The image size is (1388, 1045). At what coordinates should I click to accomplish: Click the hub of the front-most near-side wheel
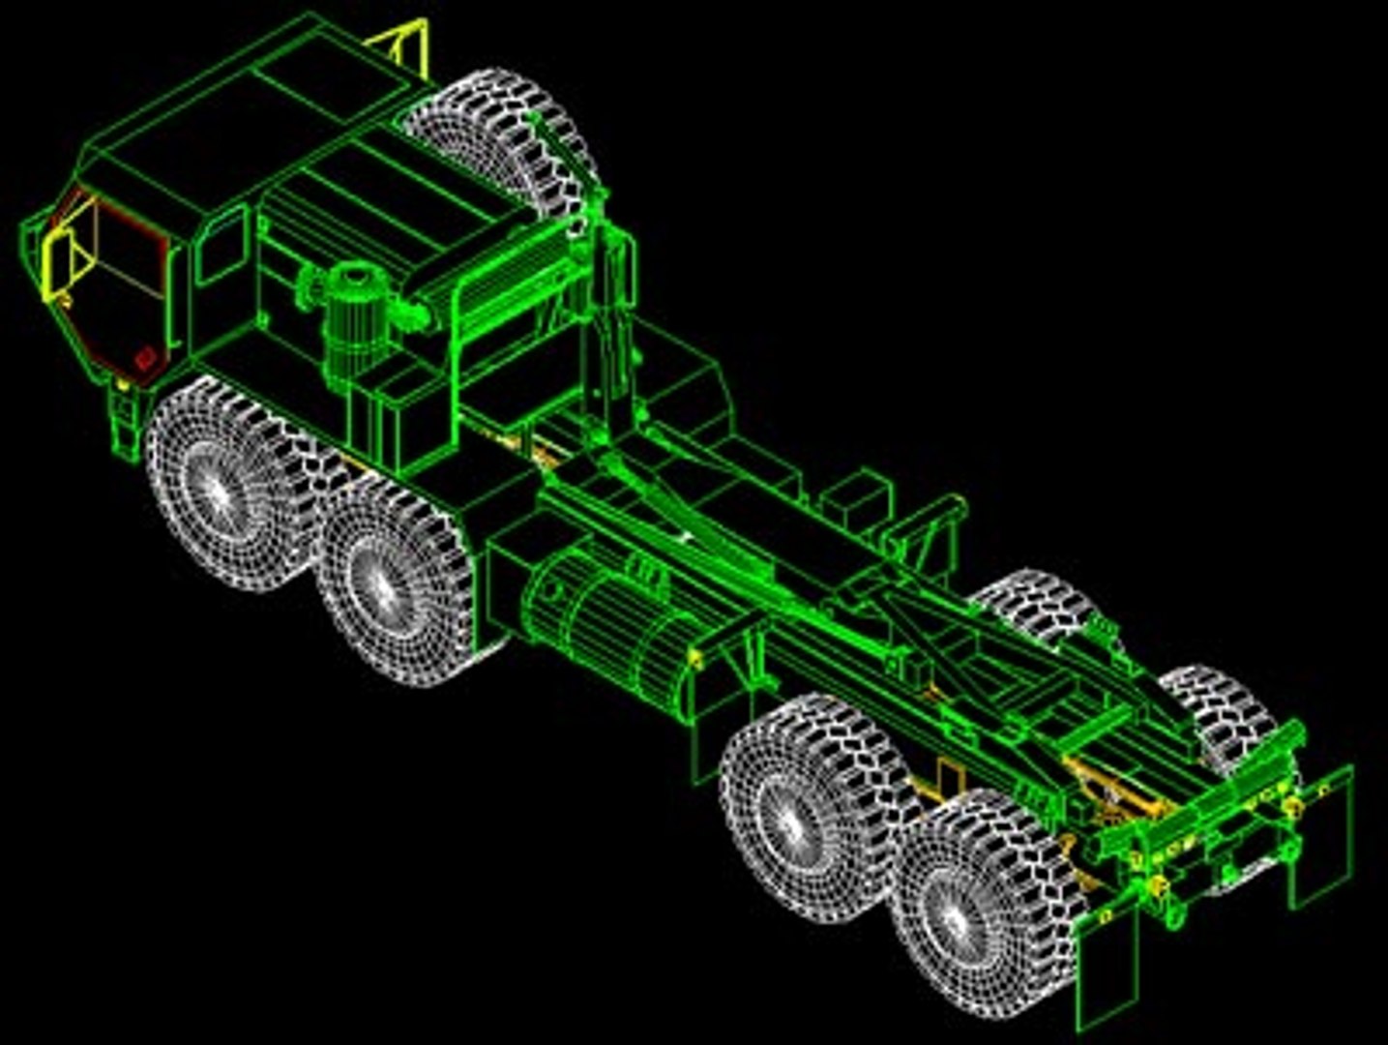pos(214,492)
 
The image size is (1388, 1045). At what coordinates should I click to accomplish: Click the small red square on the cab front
pos(145,358)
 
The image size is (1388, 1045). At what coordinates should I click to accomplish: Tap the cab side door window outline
pos(221,247)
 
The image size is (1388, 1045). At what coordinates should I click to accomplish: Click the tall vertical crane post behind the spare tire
pos(609,319)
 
